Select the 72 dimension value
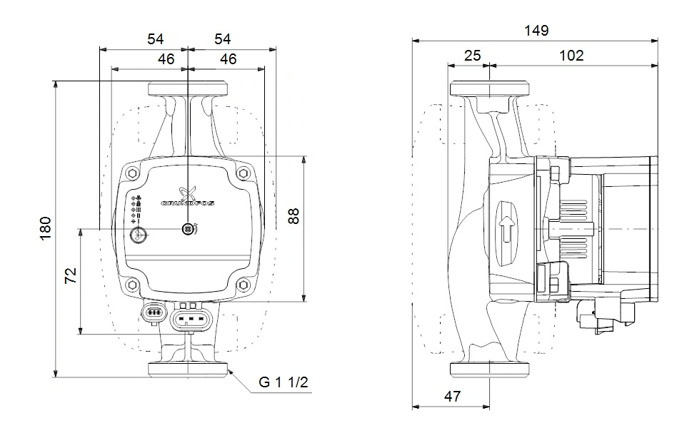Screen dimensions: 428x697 pyautogui.click(x=71, y=275)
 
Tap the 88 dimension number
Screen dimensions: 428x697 pyautogui.click(x=293, y=217)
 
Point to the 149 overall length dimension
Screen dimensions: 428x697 pyautogui.click(x=536, y=31)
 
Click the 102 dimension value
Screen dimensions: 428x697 pyautogui.click(x=571, y=55)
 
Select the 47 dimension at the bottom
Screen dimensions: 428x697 pyautogui.click(x=451, y=395)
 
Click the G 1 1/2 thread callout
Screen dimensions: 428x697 pyautogui.click(x=284, y=382)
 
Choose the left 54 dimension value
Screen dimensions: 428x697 pyautogui.click(x=156, y=39)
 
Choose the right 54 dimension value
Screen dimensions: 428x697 pyautogui.click(x=221, y=39)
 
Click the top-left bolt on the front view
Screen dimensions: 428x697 pyautogui.click(x=133, y=173)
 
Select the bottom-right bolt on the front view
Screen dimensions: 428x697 pyautogui.click(x=244, y=285)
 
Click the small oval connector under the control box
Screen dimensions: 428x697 pyautogui.click(x=152, y=312)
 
